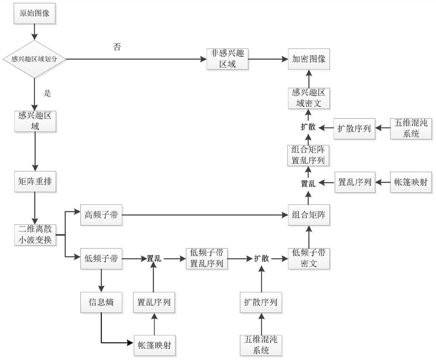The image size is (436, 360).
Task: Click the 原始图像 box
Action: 35,13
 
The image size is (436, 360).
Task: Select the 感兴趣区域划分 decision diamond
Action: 35,59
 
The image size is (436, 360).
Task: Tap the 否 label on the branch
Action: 116,47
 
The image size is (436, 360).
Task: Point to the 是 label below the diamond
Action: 48,93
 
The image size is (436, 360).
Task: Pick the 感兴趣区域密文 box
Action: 309,98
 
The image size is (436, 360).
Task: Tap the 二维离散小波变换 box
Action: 35,234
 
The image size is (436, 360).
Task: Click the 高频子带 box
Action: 101,214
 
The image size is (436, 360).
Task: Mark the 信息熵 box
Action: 101,302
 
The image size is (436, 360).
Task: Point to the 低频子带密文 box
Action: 309,258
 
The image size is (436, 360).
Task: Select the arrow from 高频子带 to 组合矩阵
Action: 205,214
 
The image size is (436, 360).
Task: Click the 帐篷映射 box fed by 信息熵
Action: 154,342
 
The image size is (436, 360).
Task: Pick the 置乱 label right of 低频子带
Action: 154,258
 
